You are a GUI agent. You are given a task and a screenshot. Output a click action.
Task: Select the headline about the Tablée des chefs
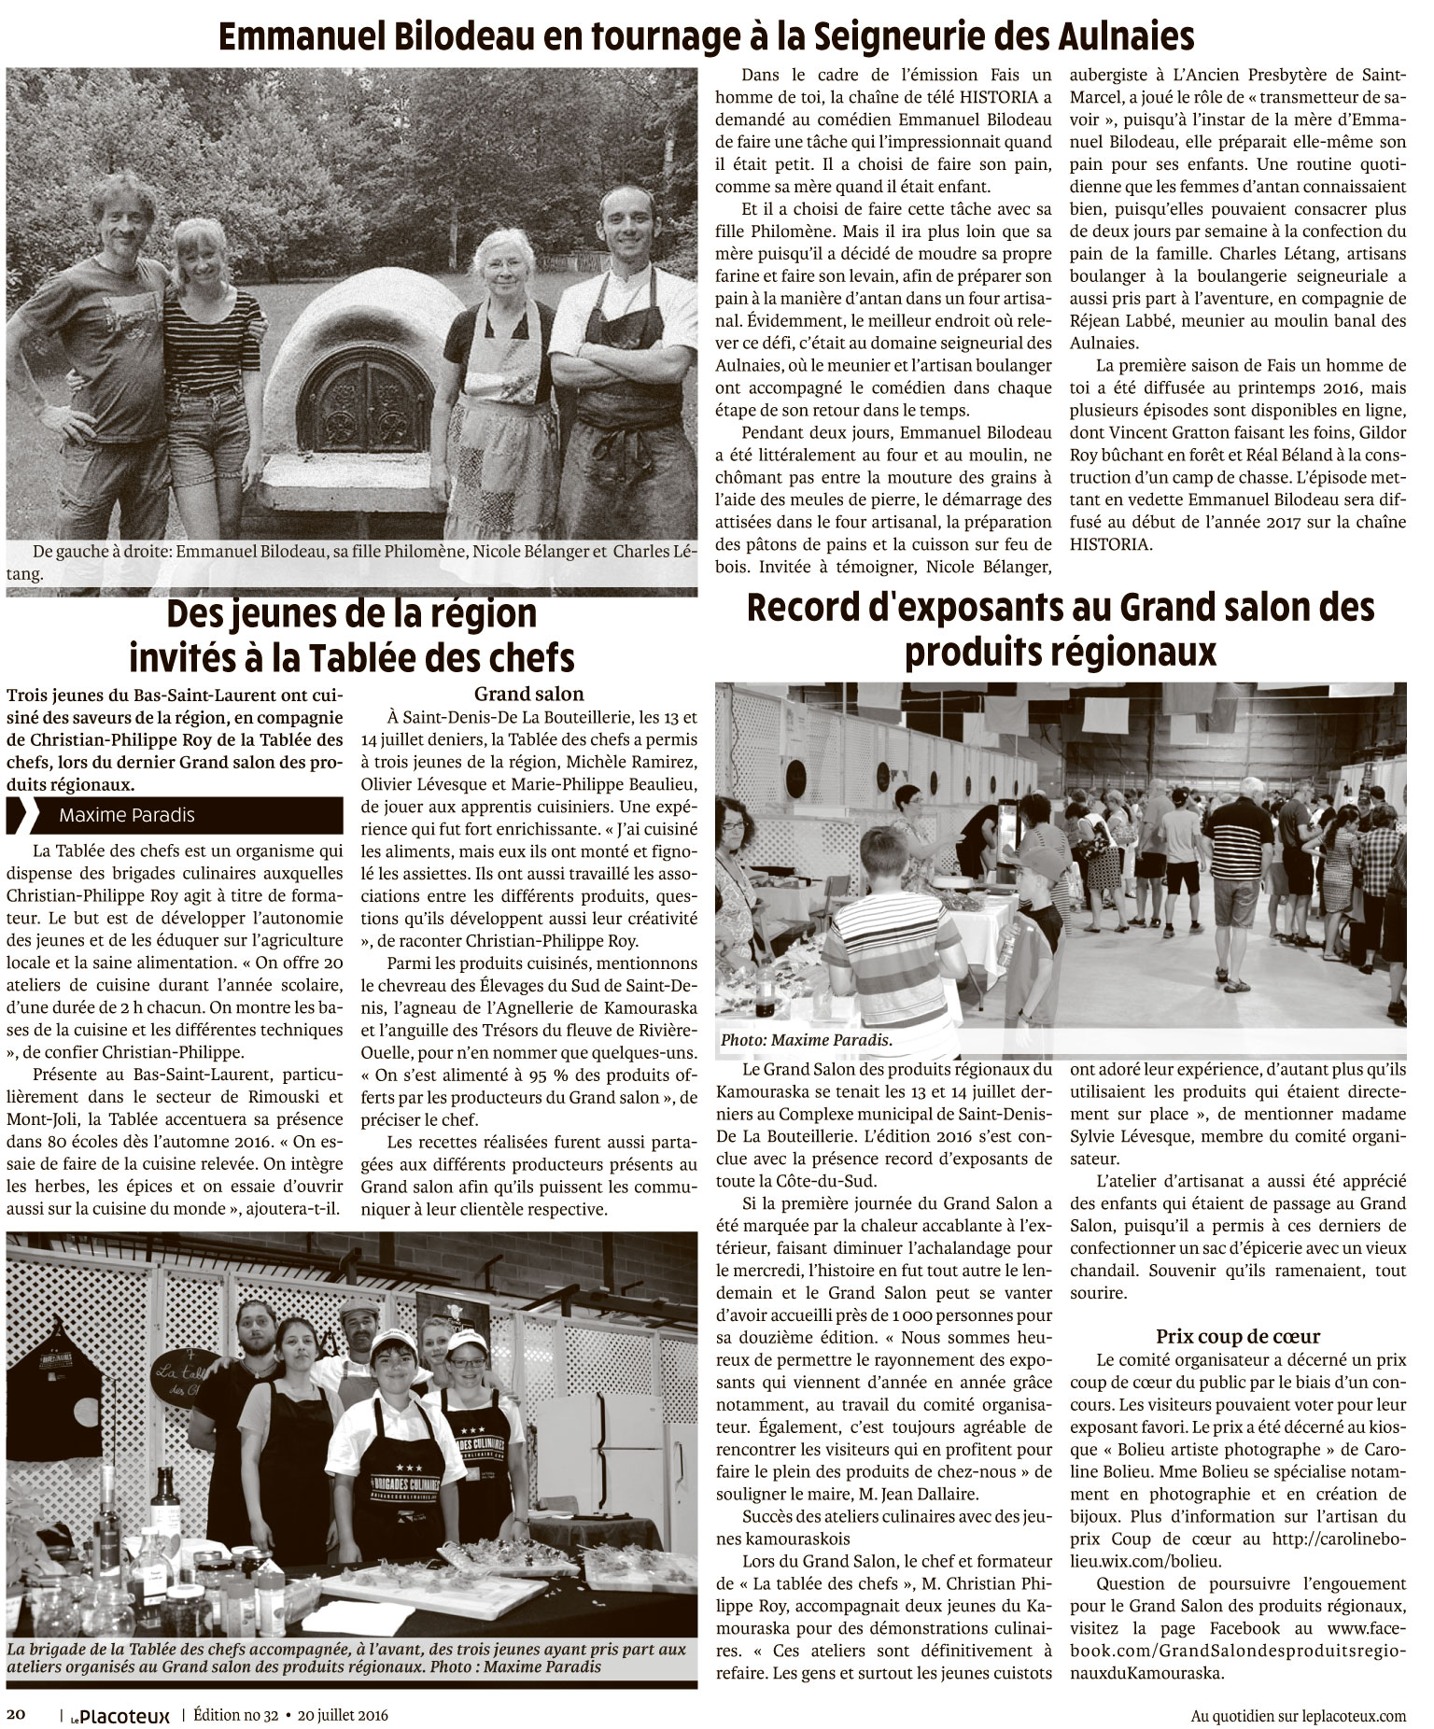pyautogui.click(x=351, y=637)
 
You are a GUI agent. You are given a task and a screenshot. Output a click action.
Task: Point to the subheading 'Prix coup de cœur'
pyautogui.click(x=1238, y=1335)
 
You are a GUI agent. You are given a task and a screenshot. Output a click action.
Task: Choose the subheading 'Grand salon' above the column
pyautogui.click(x=528, y=694)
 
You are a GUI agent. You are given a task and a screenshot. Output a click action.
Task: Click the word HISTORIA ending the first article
pyautogui.click(x=1111, y=544)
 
